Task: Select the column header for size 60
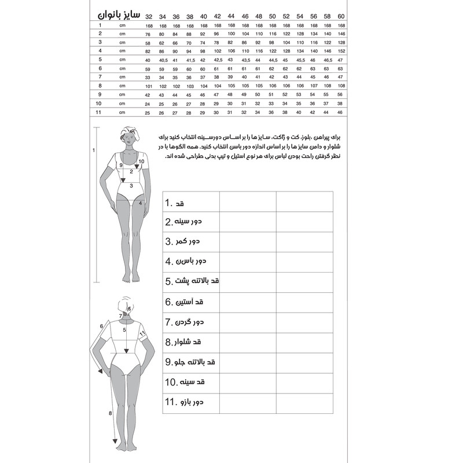click(341, 15)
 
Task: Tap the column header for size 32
click(149, 15)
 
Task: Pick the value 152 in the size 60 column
click(341, 51)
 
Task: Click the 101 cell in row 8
click(149, 86)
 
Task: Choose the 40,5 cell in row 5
click(163, 60)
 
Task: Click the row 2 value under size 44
click(231, 34)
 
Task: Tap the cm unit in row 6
click(122, 68)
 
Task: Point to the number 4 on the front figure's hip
click(141, 203)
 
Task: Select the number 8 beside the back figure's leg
click(111, 413)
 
